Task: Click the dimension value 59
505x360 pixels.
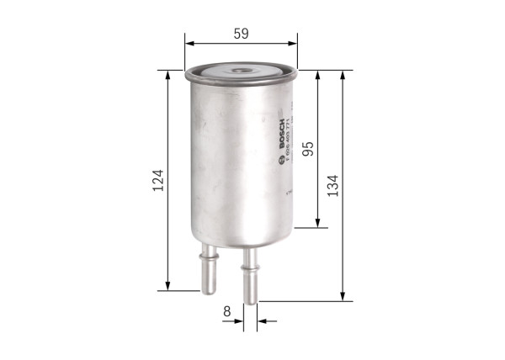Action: [x=242, y=34]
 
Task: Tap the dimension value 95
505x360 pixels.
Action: [x=309, y=149]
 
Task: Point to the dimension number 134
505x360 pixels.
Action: [x=333, y=184]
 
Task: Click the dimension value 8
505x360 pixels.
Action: [x=227, y=311]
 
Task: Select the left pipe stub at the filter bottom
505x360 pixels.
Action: [x=208, y=270]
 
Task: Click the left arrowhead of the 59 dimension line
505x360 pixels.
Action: [x=189, y=43]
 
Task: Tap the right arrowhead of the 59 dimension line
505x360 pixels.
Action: [x=294, y=43]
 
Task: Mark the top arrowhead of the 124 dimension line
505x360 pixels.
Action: [x=168, y=75]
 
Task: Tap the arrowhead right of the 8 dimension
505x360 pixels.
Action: [x=262, y=320]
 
